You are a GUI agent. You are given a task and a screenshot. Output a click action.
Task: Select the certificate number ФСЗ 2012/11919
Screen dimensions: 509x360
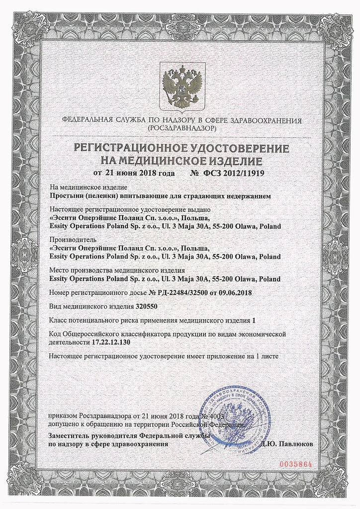(234, 173)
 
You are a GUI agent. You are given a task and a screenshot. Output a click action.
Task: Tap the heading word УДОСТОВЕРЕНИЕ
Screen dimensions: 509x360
(238, 148)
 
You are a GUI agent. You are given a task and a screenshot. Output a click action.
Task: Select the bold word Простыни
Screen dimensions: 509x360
(67, 196)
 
